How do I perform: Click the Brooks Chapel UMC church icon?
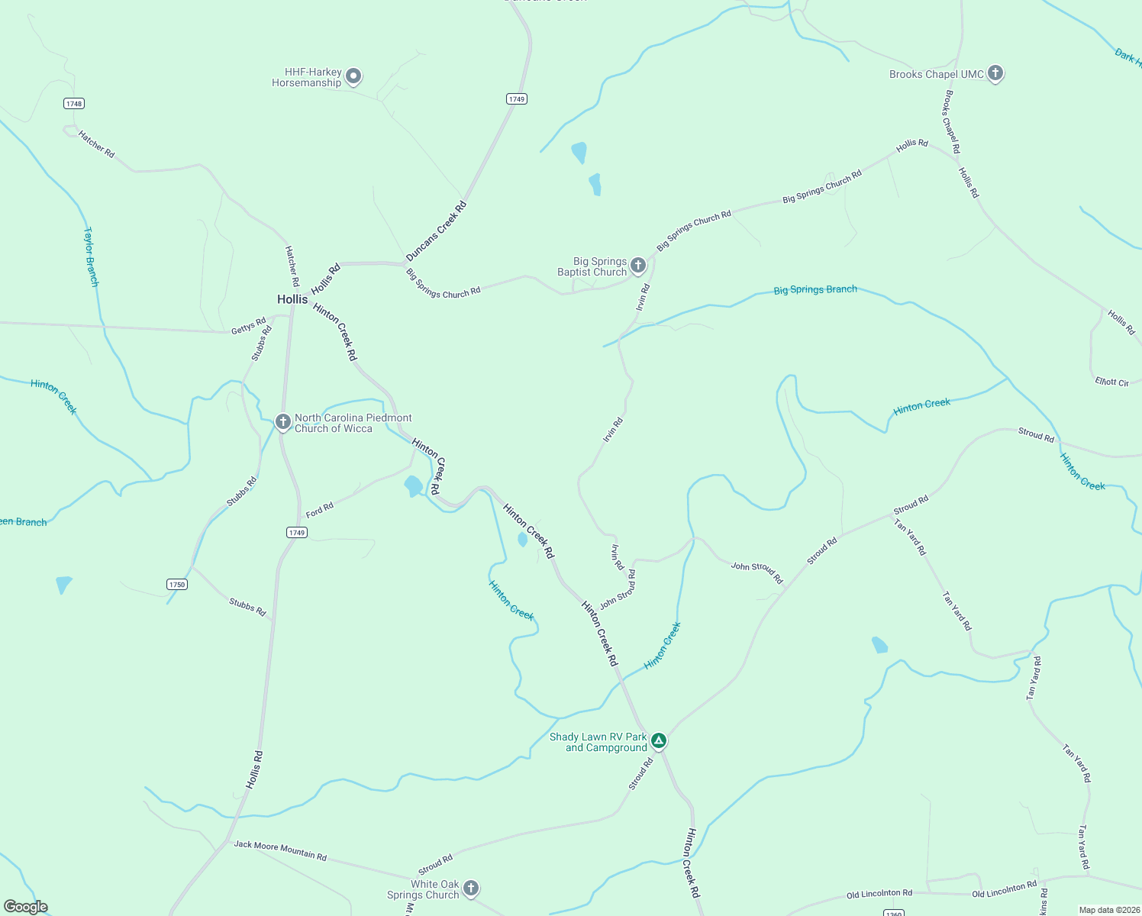pyautogui.click(x=995, y=73)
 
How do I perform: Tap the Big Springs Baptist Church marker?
pyautogui.click(x=638, y=266)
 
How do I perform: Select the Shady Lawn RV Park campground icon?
pyautogui.click(x=659, y=740)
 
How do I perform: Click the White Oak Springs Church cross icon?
pyautogui.click(x=471, y=888)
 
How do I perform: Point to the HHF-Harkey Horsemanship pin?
pyautogui.click(x=353, y=76)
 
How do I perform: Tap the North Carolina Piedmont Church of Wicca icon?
pyautogui.click(x=283, y=421)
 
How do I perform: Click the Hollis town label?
pyautogui.click(x=292, y=299)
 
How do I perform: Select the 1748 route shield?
pyautogui.click(x=74, y=104)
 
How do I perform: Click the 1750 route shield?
pyautogui.click(x=177, y=585)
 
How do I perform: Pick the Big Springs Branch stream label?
pyautogui.click(x=815, y=290)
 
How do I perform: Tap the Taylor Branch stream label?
pyautogui.click(x=91, y=256)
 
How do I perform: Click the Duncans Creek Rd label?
pyautogui.click(x=436, y=231)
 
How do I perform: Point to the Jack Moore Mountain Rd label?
pyautogui.click(x=280, y=850)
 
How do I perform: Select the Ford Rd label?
pyautogui.click(x=320, y=509)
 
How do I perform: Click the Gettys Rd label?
pyautogui.click(x=249, y=326)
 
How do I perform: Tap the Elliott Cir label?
pyautogui.click(x=1111, y=382)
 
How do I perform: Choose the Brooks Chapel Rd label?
pyautogui.click(x=951, y=122)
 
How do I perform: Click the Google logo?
pyautogui.click(x=25, y=907)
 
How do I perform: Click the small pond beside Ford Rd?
pyautogui.click(x=413, y=485)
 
